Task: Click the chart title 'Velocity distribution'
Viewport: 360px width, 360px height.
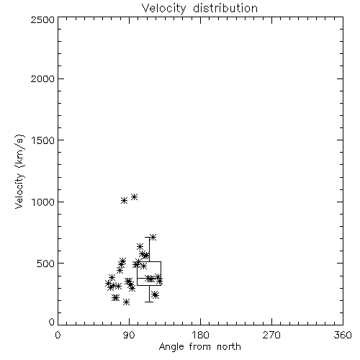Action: pos(199,8)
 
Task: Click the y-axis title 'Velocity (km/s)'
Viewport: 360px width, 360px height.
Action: pos(19,171)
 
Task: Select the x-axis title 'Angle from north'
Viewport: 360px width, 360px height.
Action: pos(199,347)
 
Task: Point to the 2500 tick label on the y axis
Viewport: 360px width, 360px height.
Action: pos(42,19)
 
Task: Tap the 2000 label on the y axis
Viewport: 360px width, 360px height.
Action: pos(42,78)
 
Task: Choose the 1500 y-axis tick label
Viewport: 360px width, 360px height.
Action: pos(43,140)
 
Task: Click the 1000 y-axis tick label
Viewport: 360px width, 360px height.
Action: pos(43,202)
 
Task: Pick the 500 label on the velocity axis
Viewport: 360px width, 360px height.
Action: pos(46,264)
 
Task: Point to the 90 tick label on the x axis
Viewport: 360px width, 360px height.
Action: pos(129,335)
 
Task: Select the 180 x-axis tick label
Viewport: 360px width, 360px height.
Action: pos(200,335)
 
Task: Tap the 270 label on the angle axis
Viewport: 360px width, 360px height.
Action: pos(271,335)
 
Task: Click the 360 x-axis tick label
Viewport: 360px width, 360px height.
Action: pos(343,335)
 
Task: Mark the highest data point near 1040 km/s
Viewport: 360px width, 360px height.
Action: pos(134,197)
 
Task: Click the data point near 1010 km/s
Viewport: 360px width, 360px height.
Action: pos(124,200)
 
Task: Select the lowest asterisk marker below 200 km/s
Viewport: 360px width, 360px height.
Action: pos(126,302)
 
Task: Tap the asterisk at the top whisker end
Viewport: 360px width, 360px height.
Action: pos(153,238)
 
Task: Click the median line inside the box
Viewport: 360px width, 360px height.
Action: pos(149,278)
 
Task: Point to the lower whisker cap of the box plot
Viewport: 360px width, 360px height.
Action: pos(149,302)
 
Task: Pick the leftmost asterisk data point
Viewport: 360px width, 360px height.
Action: pos(108,284)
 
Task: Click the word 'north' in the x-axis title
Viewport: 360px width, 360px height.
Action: pos(229,347)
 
